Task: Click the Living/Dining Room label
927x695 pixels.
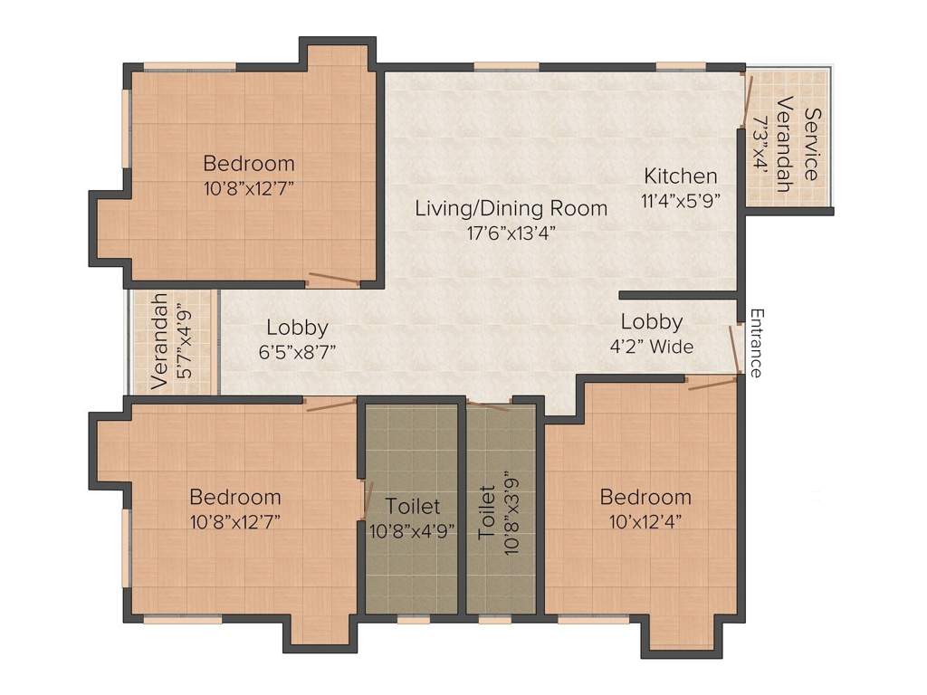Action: tap(511, 208)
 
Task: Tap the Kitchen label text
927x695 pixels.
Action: tap(681, 176)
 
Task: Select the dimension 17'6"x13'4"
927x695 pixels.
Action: tap(511, 232)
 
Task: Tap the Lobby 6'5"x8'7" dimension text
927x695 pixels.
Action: tap(296, 352)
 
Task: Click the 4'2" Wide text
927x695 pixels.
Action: tap(651, 346)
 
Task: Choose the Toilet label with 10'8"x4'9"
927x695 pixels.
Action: tap(412, 506)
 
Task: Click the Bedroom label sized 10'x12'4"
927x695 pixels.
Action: tap(645, 497)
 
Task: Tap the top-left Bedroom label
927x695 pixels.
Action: tap(249, 164)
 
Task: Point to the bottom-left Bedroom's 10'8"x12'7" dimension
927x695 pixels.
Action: tap(234, 521)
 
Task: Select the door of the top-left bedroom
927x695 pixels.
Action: tap(333, 280)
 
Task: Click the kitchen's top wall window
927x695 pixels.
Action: tap(681, 65)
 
